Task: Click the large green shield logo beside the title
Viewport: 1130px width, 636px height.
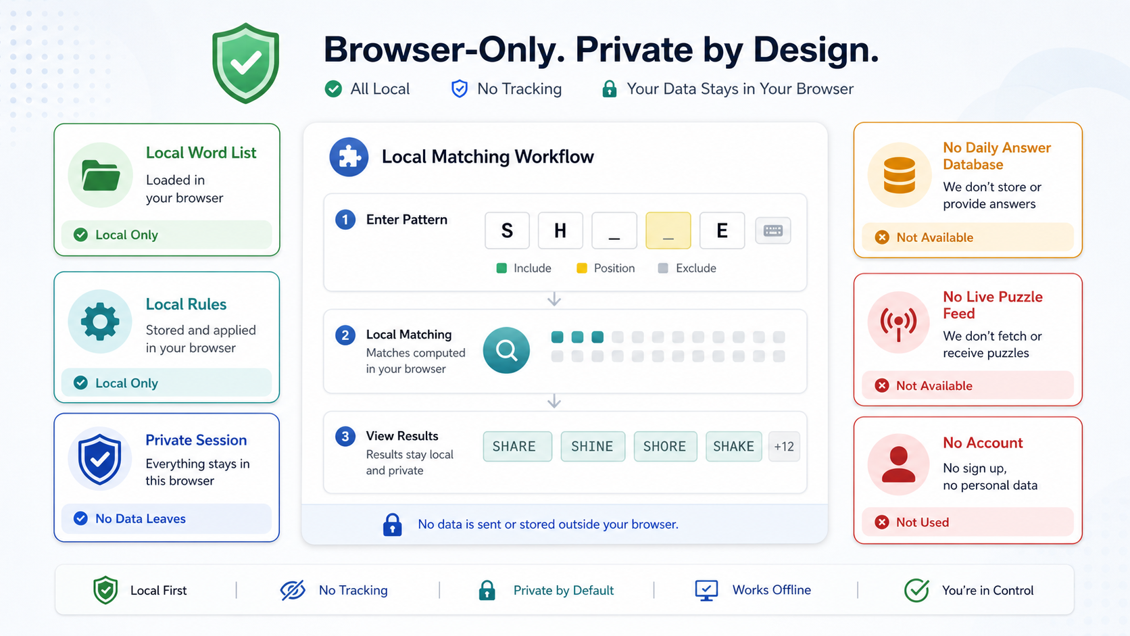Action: [x=246, y=63]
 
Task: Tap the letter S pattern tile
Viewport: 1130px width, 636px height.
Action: [x=507, y=230]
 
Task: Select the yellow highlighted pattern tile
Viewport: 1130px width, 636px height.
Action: [x=668, y=230]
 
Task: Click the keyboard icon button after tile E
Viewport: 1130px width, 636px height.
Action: [x=773, y=230]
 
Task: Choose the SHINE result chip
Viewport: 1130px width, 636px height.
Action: [x=593, y=446]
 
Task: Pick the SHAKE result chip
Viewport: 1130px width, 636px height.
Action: [x=733, y=446]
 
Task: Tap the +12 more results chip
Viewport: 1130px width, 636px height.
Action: [x=784, y=446]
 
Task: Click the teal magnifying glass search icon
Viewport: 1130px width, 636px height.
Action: [x=506, y=350]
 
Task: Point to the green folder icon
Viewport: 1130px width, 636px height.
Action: [x=101, y=175]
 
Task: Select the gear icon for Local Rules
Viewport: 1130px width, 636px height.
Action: [x=100, y=321]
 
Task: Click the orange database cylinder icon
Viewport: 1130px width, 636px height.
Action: [x=899, y=175]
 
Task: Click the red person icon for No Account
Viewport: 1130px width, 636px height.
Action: [x=898, y=464]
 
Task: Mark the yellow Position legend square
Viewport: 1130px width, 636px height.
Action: [x=582, y=268]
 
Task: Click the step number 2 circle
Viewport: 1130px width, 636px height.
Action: [x=345, y=335]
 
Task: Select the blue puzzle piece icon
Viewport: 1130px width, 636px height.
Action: [x=349, y=157]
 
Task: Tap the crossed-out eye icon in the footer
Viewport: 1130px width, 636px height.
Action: [x=293, y=590]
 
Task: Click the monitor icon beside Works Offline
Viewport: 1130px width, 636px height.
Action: [x=706, y=590]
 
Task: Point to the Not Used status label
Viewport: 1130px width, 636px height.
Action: [x=922, y=522]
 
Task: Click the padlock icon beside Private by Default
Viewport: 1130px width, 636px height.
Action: [x=487, y=590]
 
